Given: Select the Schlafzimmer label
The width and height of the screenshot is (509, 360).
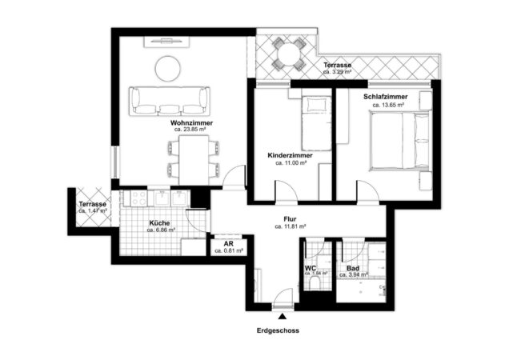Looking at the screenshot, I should coord(383,98).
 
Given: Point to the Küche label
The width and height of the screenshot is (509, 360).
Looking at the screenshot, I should coord(161,222).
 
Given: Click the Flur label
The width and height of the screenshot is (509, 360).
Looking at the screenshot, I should coord(290,218).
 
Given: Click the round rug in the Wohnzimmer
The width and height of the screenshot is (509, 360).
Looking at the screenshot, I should coord(168,70).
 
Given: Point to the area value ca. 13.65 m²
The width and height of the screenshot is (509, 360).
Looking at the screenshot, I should coord(383,105).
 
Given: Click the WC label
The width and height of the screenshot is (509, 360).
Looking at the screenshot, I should coord(311,267).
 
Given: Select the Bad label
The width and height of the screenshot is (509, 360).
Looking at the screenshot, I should coord(352,267).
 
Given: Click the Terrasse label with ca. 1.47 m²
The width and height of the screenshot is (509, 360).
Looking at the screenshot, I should coord(92,205).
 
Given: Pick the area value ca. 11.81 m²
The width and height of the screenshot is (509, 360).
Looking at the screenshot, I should coord(290,226).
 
